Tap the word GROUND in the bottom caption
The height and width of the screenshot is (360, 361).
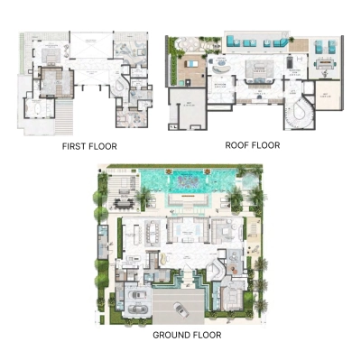coord(171,335)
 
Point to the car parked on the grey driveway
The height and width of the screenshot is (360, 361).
coord(179,309)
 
